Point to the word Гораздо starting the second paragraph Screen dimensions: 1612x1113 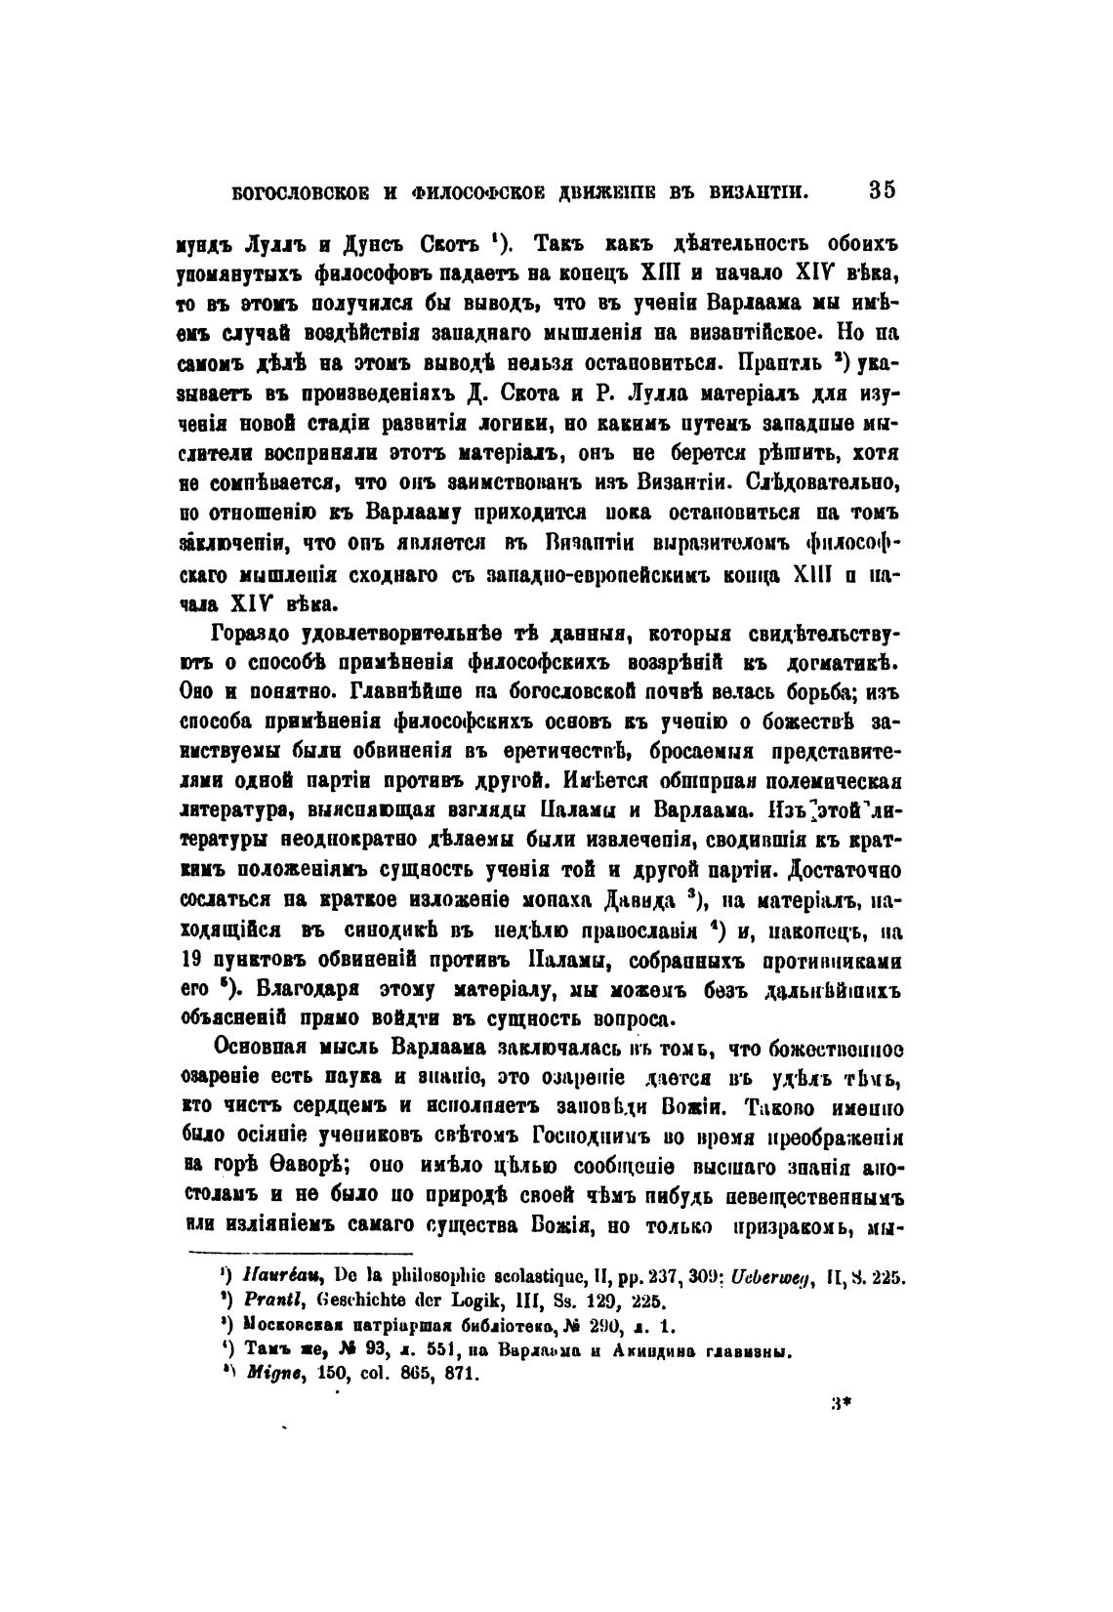coord(258,636)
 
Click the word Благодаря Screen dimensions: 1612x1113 coord(281,990)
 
